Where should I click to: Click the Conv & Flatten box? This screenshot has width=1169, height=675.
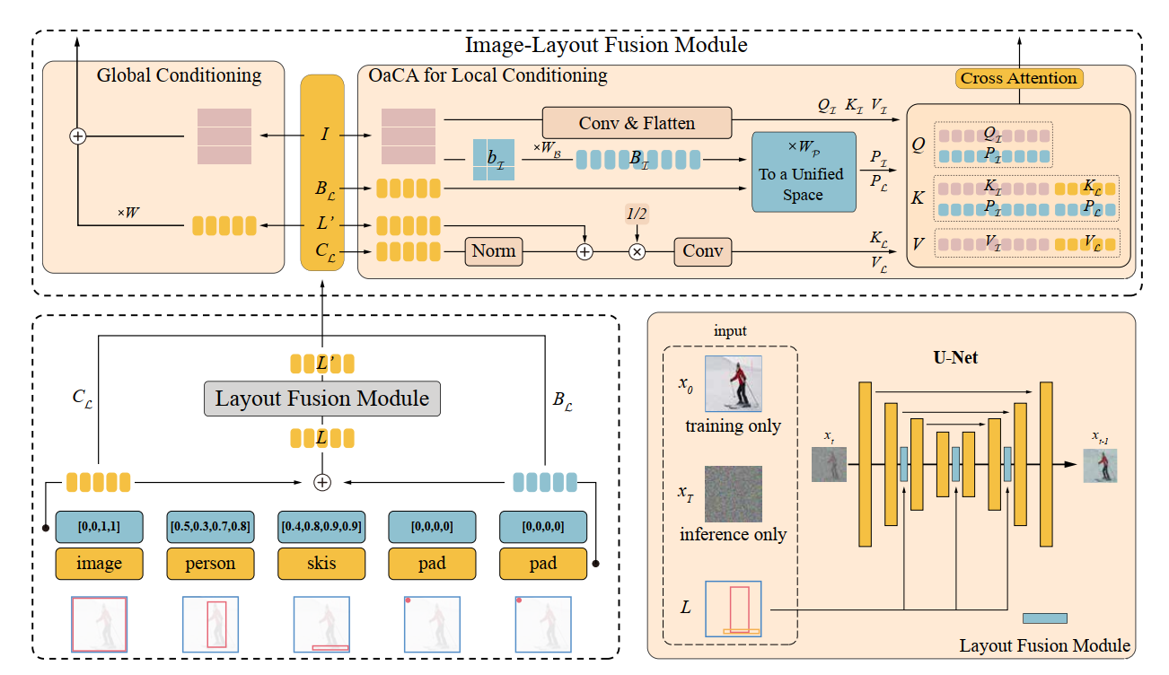click(x=637, y=123)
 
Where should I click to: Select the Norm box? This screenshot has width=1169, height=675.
click(x=493, y=251)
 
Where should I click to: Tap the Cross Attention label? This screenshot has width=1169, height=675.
click(x=1018, y=78)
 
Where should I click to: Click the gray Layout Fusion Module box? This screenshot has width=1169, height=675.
click(x=322, y=398)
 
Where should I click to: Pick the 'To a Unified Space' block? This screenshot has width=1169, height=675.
click(x=803, y=172)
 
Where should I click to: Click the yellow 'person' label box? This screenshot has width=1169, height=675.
click(x=210, y=564)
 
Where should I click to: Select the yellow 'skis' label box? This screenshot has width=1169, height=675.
click(x=321, y=564)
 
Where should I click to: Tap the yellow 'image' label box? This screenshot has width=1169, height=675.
click(x=99, y=564)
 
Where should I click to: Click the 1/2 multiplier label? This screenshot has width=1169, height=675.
click(x=637, y=214)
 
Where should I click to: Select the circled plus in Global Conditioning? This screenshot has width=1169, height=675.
click(x=78, y=136)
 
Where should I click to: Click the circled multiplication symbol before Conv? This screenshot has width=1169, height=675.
click(x=637, y=252)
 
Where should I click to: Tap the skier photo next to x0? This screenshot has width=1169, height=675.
click(x=733, y=384)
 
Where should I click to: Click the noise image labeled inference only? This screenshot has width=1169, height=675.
click(x=733, y=494)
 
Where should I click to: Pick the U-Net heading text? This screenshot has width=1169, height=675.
click(x=955, y=357)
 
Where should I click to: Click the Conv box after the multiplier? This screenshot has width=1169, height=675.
click(x=702, y=251)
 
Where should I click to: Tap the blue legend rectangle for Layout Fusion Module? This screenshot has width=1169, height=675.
click(x=1045, y=618)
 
